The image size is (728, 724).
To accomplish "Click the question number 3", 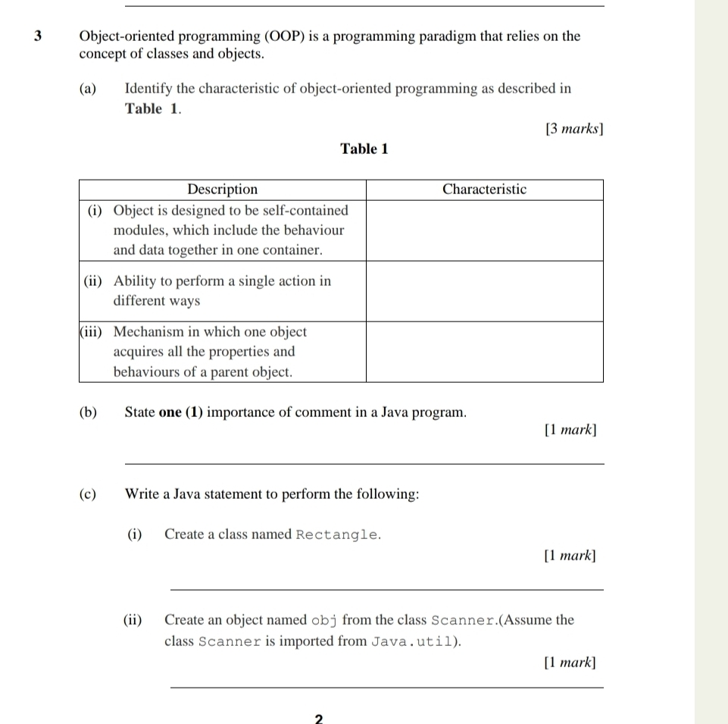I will click(x=39, y=36).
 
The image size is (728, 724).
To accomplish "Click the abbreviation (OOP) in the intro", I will click(x=281, y=36).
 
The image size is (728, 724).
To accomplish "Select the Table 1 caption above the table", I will click(x=364, y=149).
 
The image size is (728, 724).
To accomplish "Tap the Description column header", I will click(x=222, y=189).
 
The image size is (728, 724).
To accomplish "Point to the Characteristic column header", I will click(x=484, y=189).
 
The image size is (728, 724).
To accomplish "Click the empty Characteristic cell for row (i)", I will click(x=484, y=230).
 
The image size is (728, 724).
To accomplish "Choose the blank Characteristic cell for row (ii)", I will click(x=484, y=291).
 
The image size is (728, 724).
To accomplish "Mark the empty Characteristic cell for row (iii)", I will click(x=484, y=352).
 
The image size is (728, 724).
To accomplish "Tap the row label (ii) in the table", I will click(x=93, y=281).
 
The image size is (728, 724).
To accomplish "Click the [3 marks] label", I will click(x=574, y=129).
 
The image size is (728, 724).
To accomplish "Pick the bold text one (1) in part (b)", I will click(x=181, y=412).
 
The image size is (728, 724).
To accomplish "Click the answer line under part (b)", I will click(x=364, y=462).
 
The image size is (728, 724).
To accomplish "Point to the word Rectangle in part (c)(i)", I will click(x=336, y=534).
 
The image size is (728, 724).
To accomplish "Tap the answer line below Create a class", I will click(x=386, y=588).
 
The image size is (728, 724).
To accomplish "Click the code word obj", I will click(x=323, y=620).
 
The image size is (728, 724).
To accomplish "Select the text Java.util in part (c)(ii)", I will click(x=414, y=641).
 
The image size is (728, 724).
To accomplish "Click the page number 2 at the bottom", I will click(x=318, y=718).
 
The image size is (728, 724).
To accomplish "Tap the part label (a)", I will click(x=88, y=89).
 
